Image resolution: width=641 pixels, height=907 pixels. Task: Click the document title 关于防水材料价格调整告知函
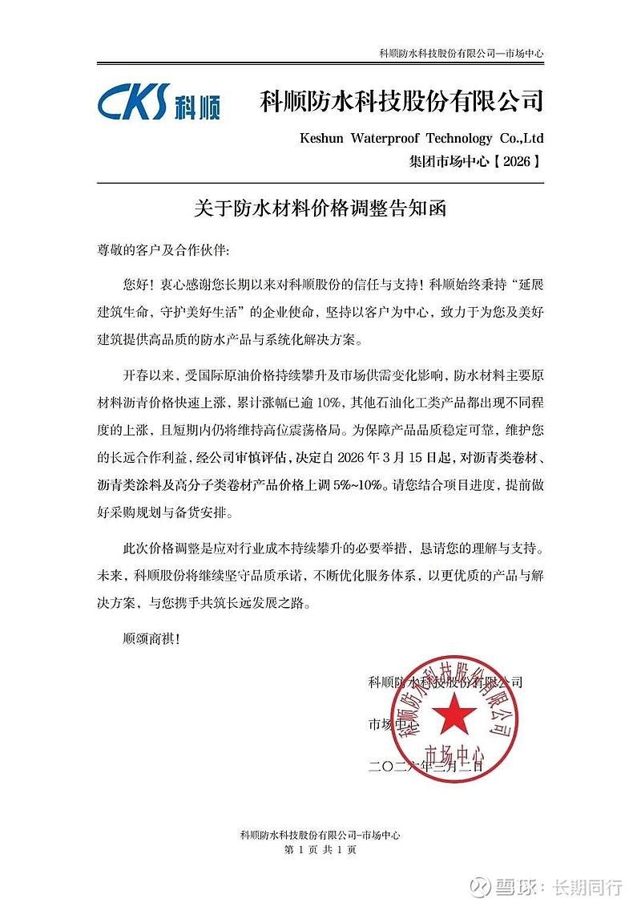pyautogui.click(x=320, y=209)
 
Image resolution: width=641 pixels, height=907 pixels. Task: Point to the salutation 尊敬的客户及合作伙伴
pyautogui.click(x=163, y=250)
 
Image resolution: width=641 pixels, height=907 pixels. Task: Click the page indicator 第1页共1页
pyautogui.click(x=320, y=850)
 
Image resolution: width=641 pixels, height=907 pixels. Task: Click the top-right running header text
pyautogui.click(x=461, y=53)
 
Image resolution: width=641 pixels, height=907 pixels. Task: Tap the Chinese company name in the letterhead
pyautogui.click(x=401, y=102)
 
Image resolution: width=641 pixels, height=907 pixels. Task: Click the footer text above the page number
pyautogui.click(x=320, y=835)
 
